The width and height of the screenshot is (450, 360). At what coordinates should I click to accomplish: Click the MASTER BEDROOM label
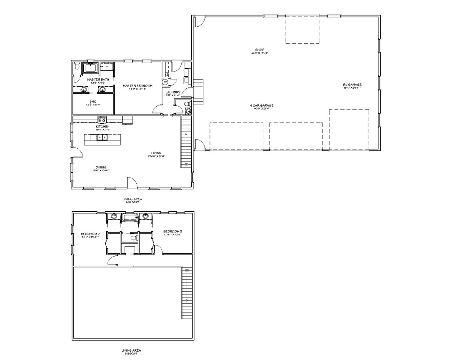(137, 86)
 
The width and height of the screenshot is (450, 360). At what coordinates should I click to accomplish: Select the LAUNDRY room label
(172, 92)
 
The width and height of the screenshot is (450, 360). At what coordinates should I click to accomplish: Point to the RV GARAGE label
(352, 85)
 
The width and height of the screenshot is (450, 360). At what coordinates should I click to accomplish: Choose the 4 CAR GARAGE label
(260, 105)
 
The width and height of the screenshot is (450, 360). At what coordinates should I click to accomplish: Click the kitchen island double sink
(102, 137)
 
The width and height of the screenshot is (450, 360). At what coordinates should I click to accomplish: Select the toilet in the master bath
(77, 67)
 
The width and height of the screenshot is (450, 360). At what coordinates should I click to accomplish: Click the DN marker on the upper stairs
(187, 271)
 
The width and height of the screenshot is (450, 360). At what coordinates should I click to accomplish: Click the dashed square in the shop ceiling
(302, 30)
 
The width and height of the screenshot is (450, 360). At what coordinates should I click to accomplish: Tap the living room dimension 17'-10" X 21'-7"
(156, 156)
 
